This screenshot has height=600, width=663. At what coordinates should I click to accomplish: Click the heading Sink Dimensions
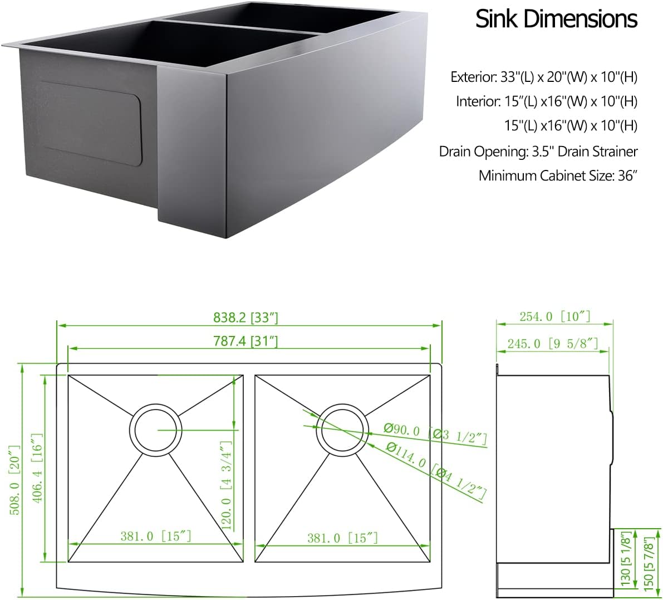pos(556,19)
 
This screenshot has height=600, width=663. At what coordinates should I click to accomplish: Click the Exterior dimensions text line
pos(543,77)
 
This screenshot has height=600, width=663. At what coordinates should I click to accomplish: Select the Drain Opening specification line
pos(538,151)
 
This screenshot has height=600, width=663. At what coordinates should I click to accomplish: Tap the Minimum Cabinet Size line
pos(557,176)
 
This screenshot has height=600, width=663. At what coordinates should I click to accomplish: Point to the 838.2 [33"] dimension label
pos(245,318)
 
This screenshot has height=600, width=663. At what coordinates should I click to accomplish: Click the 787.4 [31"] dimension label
pos(245,341)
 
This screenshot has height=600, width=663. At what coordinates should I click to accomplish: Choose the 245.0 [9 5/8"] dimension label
pos(552,343)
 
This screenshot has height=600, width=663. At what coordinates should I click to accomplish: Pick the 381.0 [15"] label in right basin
pos(342,538)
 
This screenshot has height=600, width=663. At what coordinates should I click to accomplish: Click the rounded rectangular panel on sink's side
pos(92,123)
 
